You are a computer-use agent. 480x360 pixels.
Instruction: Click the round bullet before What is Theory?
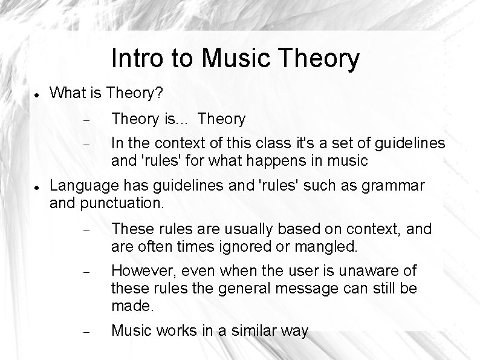click(x=37, y=95)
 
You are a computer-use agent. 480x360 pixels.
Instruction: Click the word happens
click(x=276, y=161)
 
